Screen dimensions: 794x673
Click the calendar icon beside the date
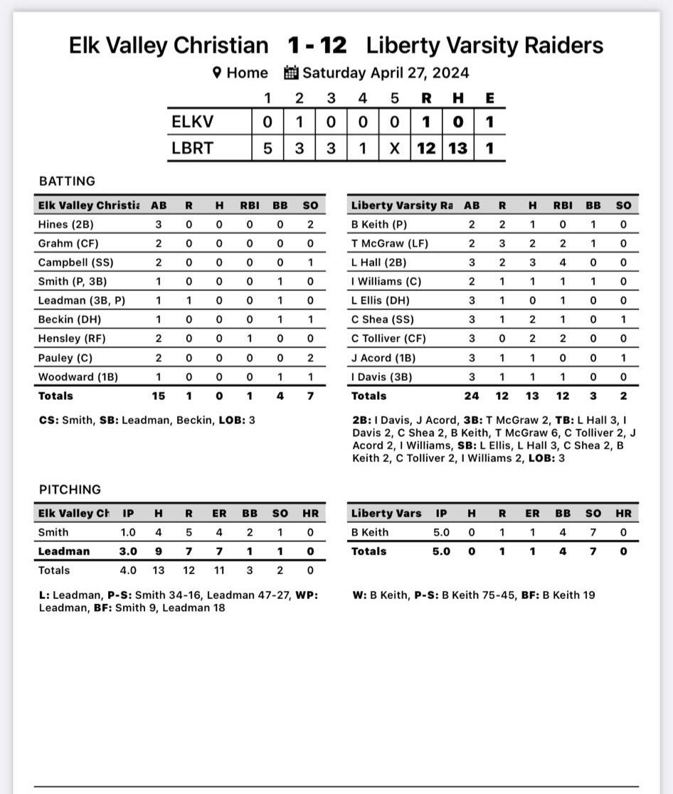291,73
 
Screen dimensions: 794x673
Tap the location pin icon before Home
217,73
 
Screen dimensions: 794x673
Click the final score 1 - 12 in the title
317,46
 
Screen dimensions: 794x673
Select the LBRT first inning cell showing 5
267,149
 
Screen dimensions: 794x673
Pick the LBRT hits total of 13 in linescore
457,149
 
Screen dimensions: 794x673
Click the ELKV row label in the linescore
192,122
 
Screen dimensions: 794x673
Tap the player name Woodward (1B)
75,377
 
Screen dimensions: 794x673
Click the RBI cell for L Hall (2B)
563,263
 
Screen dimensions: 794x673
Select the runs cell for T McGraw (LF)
502,243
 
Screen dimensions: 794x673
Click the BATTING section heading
67,181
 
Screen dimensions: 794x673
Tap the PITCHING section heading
70,489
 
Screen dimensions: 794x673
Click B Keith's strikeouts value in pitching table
593,532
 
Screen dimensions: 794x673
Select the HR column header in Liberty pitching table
623,513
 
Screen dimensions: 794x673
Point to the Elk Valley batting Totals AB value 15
159,396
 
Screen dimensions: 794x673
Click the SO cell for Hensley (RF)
310,339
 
